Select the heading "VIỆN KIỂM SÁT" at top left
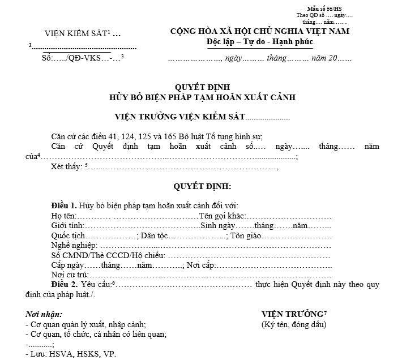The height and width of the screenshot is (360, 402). point(76,33)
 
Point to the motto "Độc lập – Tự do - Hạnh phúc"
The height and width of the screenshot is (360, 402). point(260,42)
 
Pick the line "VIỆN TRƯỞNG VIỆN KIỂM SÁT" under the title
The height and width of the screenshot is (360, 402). point(179,117)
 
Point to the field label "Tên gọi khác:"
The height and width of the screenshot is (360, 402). point(221,216)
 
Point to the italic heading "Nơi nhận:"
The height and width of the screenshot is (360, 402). point(44,314)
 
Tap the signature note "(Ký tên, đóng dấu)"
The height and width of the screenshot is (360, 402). point(294,324)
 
